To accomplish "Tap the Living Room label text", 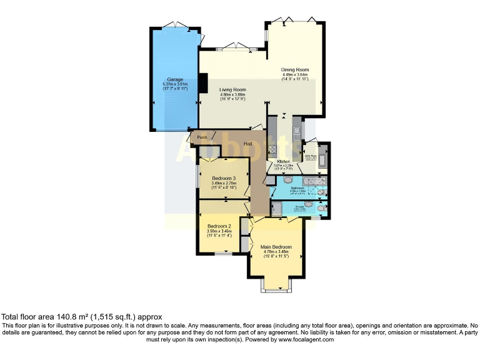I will tap(232, 89).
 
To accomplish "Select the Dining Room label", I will tap(295, 69).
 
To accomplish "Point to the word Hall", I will tap(248, 144).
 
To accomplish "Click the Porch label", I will tap(202, 137).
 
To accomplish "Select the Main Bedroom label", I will tap(276, 247).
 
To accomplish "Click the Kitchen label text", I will tap(283, 161).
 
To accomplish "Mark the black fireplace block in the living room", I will tap(203, 82).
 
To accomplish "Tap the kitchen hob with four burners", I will tap(272, 149).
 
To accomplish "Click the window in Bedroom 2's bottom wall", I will tap(222, 254).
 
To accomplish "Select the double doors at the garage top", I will tap(176, 26).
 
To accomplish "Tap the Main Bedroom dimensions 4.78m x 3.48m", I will tap(276, 252).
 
